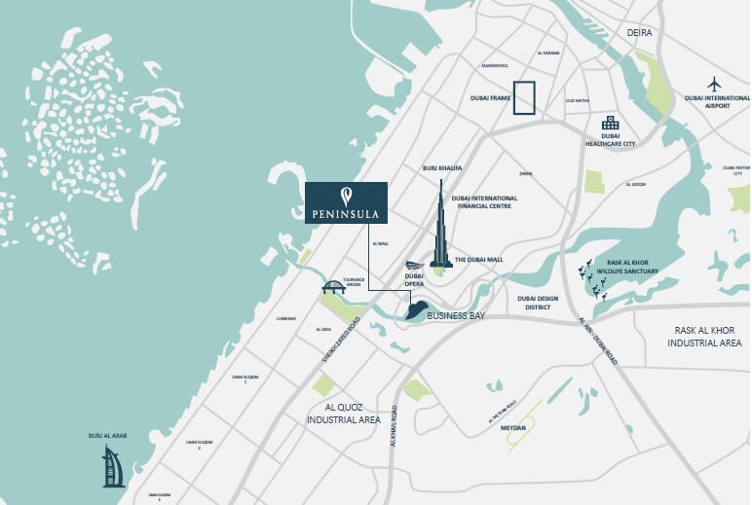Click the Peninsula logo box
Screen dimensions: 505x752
pyautogui.click(x=347, y=203)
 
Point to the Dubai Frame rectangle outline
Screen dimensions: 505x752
pyautogui.click(x=525, y=98)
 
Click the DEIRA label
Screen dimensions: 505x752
pyautogui.click(x=640, y=32)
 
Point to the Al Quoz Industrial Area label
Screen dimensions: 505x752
pyautogui.click(x=343, y=414)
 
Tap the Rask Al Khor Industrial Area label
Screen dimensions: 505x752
pyautogui.click(x=710, y=337)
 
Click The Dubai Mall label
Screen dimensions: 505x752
pyautogui.click(x=479, y=260)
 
